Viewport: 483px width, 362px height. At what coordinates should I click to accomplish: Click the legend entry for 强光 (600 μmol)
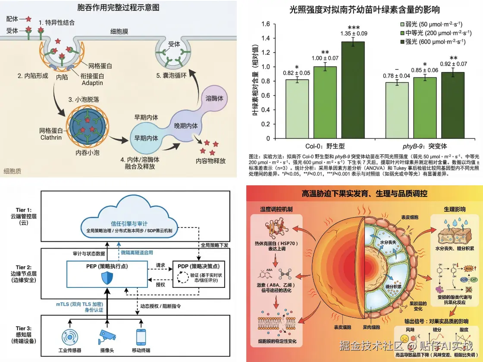(x=433, y=41)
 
